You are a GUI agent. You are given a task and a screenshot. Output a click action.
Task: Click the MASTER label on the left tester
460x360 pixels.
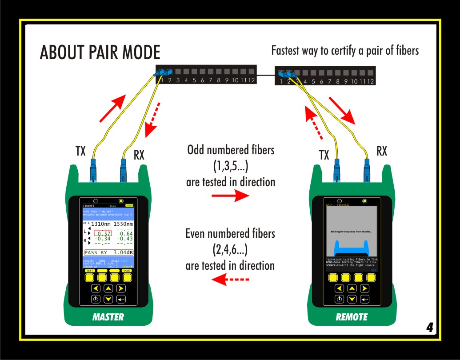coord(108,317)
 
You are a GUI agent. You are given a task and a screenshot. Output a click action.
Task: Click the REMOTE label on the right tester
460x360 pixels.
coord(352,317)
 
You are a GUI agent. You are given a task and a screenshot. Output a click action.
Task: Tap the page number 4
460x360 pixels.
coord(429,328)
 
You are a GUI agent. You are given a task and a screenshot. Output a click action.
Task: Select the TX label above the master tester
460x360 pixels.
coord(80,151)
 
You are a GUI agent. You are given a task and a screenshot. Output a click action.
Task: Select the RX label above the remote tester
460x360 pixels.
coord(381,151)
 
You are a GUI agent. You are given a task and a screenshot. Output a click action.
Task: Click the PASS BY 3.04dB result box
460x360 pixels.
coord(108,252)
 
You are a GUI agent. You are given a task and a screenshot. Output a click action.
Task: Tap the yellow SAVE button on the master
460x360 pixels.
coord(127,277)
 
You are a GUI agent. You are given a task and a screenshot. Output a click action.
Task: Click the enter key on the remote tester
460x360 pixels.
coord(364,299)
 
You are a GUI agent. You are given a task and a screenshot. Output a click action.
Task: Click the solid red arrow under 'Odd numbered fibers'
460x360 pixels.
coord(227,196)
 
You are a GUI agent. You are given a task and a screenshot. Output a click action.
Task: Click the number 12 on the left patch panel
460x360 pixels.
coord(251,80)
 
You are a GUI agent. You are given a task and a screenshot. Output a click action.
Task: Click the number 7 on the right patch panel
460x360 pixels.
coord(330,81)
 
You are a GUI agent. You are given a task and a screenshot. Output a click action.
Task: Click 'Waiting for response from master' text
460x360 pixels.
coord(351,232)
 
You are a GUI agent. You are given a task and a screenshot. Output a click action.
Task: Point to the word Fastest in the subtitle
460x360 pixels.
coord(286,50)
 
